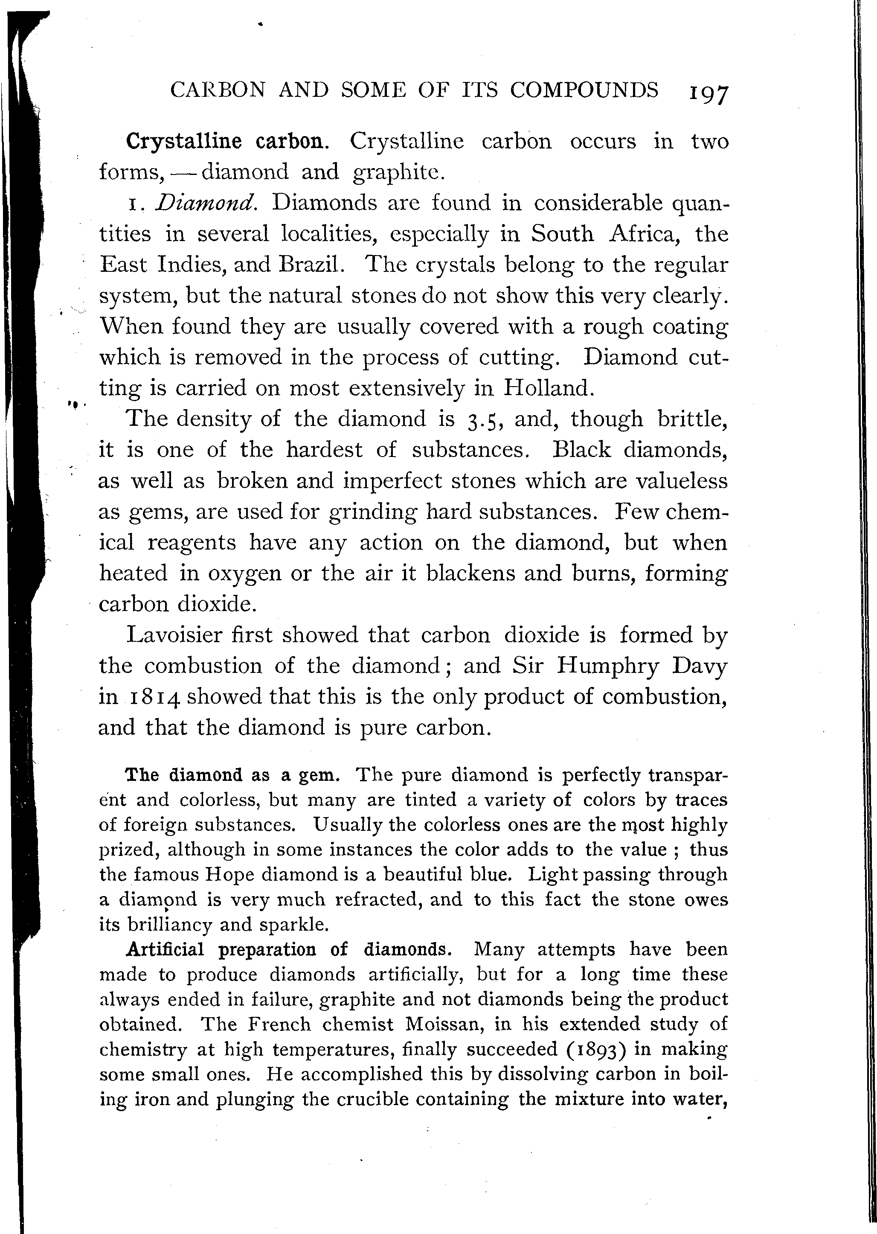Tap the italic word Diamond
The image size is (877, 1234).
click(206, 203)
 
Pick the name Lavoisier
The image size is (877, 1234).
click(174, 635)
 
